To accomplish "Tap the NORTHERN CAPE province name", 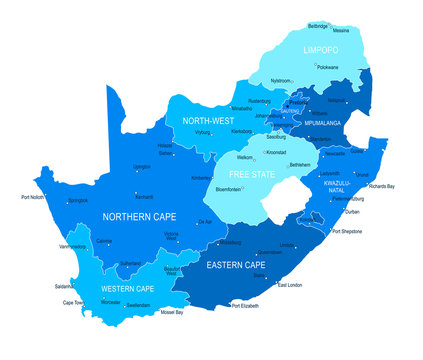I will tap(140, 215).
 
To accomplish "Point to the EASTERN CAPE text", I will tap(236, 265).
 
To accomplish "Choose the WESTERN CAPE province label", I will tap(127, 290).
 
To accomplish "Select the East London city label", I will tap(292, 285).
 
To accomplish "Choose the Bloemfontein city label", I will tap(232, 187).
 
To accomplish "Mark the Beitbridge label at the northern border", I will tap(317, 25).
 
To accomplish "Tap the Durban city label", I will tap(353, 212).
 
